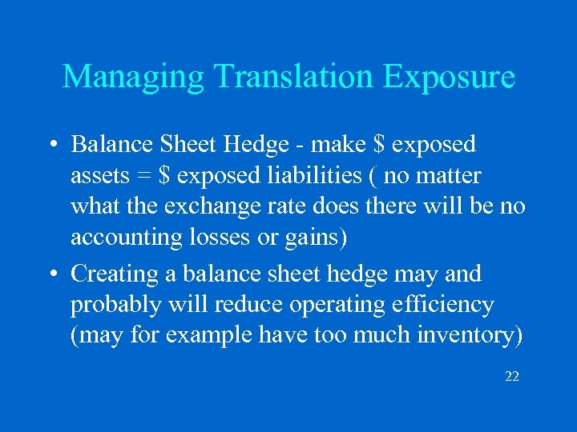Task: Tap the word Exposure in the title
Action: [449, 77]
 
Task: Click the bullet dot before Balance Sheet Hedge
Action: [50, 145]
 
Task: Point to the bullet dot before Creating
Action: [50, 274]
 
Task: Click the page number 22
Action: [512, 375]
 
